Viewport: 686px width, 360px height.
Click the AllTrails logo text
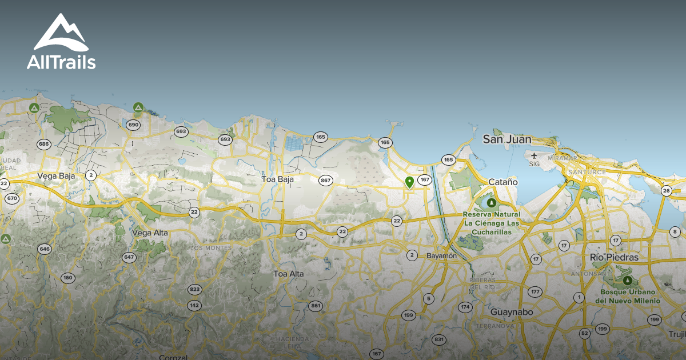coord(61,62)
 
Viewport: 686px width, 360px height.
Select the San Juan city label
coord(507,139)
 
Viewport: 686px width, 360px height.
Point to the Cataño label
coord(503,182)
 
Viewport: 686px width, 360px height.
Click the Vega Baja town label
coord(56,176)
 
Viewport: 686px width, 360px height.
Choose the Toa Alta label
coord(289,274)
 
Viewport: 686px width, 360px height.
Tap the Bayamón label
coord(442,256)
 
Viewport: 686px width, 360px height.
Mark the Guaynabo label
coord(512,313)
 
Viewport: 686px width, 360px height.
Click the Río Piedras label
coord(615,258)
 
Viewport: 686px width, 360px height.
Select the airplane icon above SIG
coord(535,155)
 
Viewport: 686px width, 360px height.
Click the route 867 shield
coord(326,181)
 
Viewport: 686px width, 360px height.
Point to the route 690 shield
coord(134,125)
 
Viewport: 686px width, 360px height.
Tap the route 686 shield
coord(43,144)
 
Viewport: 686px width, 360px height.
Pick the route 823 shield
coord(195,289)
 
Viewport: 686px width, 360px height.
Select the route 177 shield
coord(535,292)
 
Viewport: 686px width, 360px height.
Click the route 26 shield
coord(666,191)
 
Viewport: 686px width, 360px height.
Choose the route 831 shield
coord(438,339)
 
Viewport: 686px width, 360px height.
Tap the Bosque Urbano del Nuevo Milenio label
coord(627,296)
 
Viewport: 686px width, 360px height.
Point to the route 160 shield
coord(68,278)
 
